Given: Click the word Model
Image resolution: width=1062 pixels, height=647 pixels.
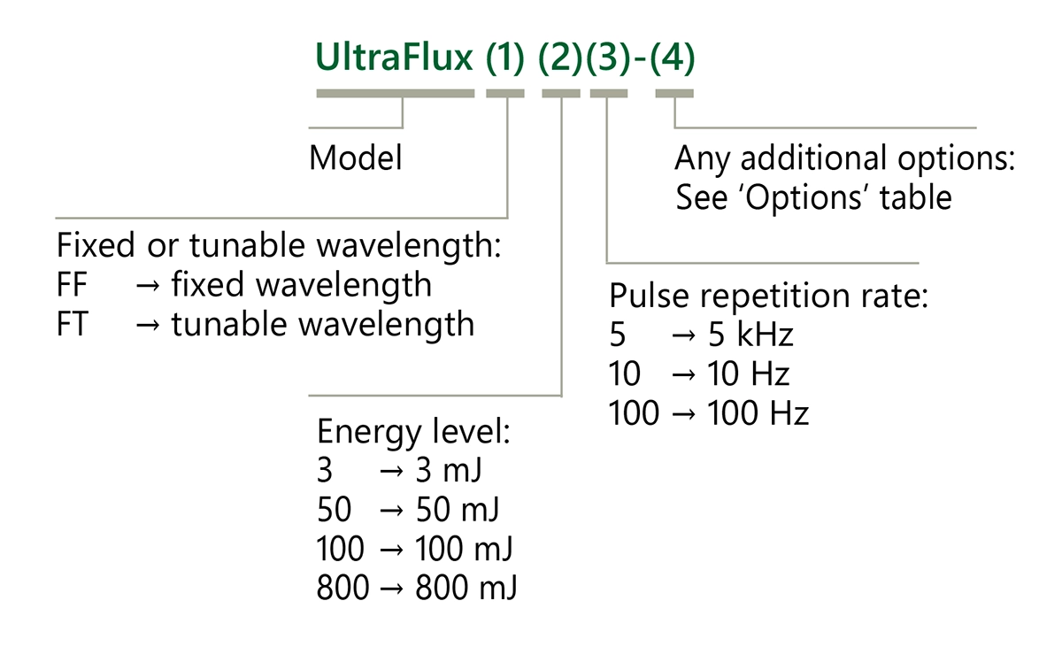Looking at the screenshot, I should [x=356, y=158].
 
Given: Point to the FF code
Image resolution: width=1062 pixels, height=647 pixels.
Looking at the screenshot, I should [x=72, y=285].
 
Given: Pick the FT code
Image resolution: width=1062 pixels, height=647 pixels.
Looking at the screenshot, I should [x=72, y=324].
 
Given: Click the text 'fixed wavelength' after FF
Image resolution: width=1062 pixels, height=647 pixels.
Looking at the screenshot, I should [x=301, y=285].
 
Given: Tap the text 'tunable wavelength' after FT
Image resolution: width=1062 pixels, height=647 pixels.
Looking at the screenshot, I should [x=322, y=324].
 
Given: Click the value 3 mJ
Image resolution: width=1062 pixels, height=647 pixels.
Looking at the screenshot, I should [x=448, y=471].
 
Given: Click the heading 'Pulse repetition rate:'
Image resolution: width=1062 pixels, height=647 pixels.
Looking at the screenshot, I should [x=768, y=295].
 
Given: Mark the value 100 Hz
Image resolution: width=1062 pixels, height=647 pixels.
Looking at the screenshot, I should [x=758, y=412].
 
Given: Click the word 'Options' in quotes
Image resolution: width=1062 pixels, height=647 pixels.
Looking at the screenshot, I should [x=805, y=197].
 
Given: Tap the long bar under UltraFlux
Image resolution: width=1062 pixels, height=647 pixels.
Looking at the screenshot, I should [x=395, y=93].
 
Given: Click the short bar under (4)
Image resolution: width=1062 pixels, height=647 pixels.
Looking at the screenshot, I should [x=674, y=93].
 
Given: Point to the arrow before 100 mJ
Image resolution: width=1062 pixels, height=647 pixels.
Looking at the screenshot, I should [x=391, y=550].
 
